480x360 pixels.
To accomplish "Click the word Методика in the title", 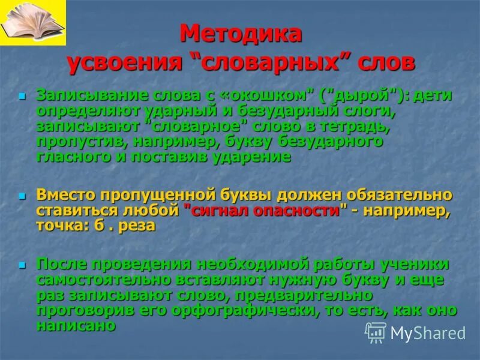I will click(x=241, y=34).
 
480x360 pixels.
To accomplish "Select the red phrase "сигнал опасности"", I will click(x=266, y=211).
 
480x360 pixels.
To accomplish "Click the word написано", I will click(x=76, y=326).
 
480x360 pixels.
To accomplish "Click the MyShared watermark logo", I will click(x=415, y=332).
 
